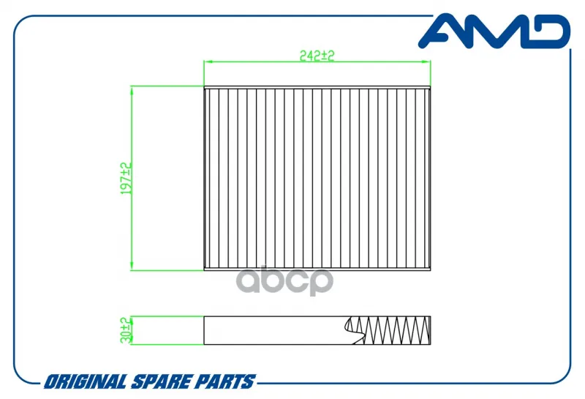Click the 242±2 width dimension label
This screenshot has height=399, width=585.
317,56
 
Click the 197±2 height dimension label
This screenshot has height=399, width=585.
127,178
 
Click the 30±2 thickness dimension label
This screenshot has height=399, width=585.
127,330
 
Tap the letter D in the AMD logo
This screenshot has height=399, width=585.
548,31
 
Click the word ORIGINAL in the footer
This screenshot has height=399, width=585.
86,381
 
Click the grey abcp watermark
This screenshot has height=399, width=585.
284,280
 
